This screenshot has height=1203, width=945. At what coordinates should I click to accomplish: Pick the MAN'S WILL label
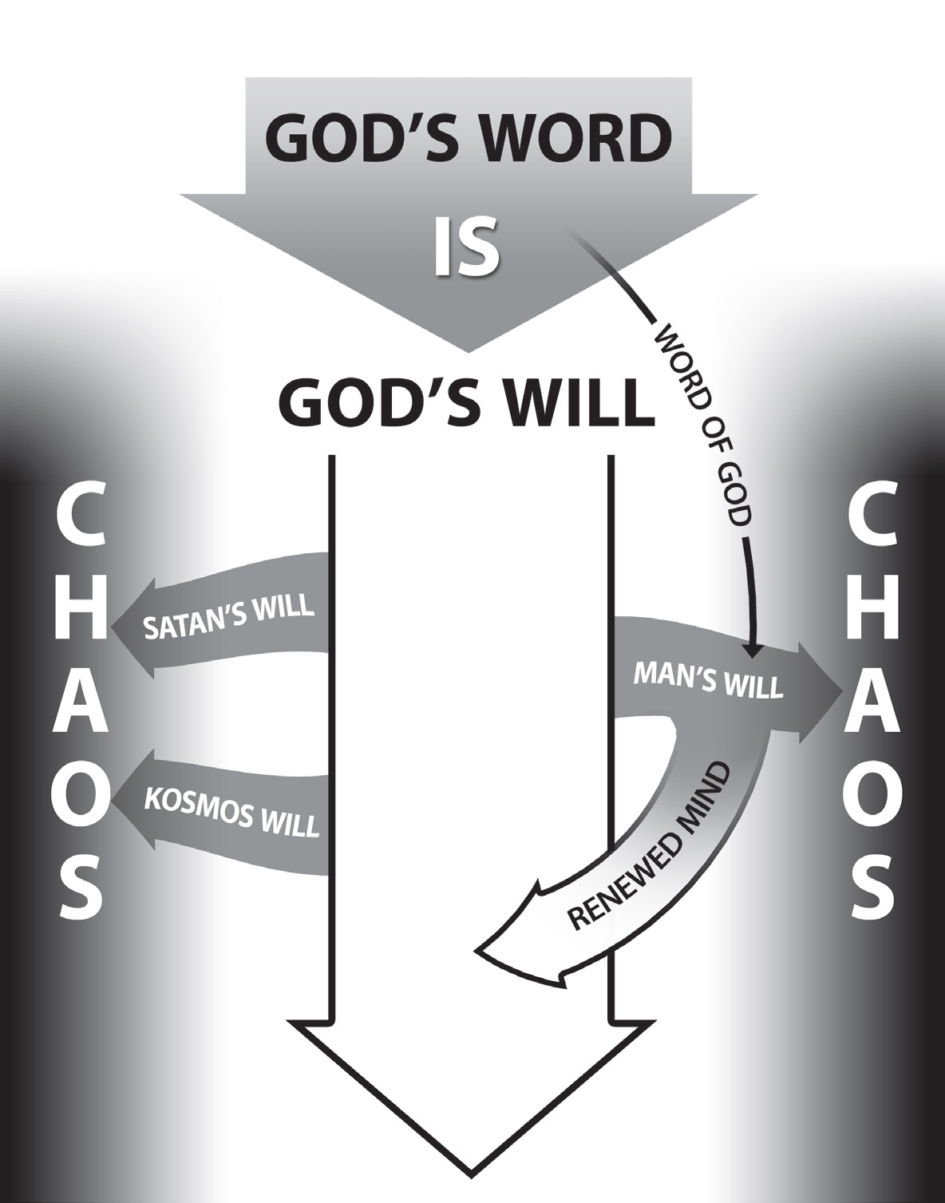[x=707, y=679]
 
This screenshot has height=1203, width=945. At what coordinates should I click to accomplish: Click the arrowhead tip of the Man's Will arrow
[x=840, y=687]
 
